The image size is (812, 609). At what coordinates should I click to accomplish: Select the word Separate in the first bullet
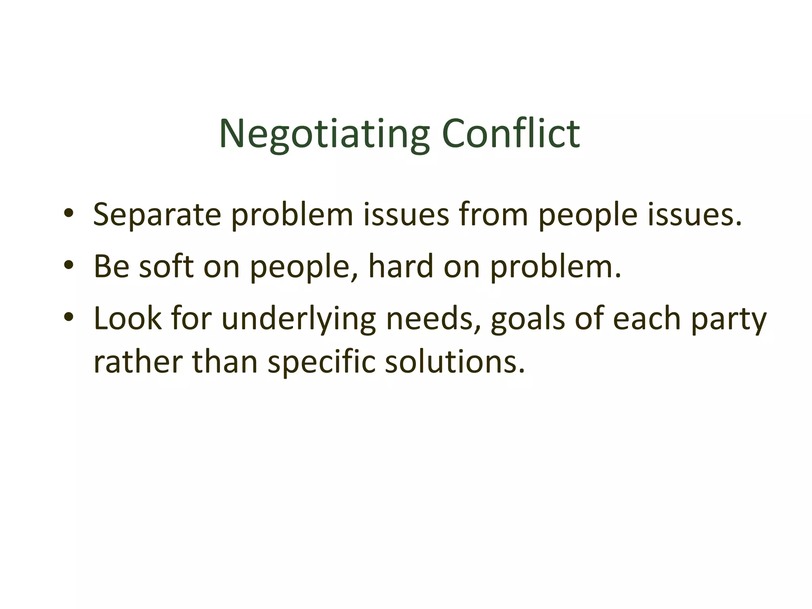coord(157,215)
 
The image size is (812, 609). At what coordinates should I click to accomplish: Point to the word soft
coord(166,266)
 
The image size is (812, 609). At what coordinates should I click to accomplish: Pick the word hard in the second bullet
coord(401,266)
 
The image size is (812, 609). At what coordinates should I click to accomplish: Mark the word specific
coord(321,363)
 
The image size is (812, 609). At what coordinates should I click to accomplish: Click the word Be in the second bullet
coord(111,266)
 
